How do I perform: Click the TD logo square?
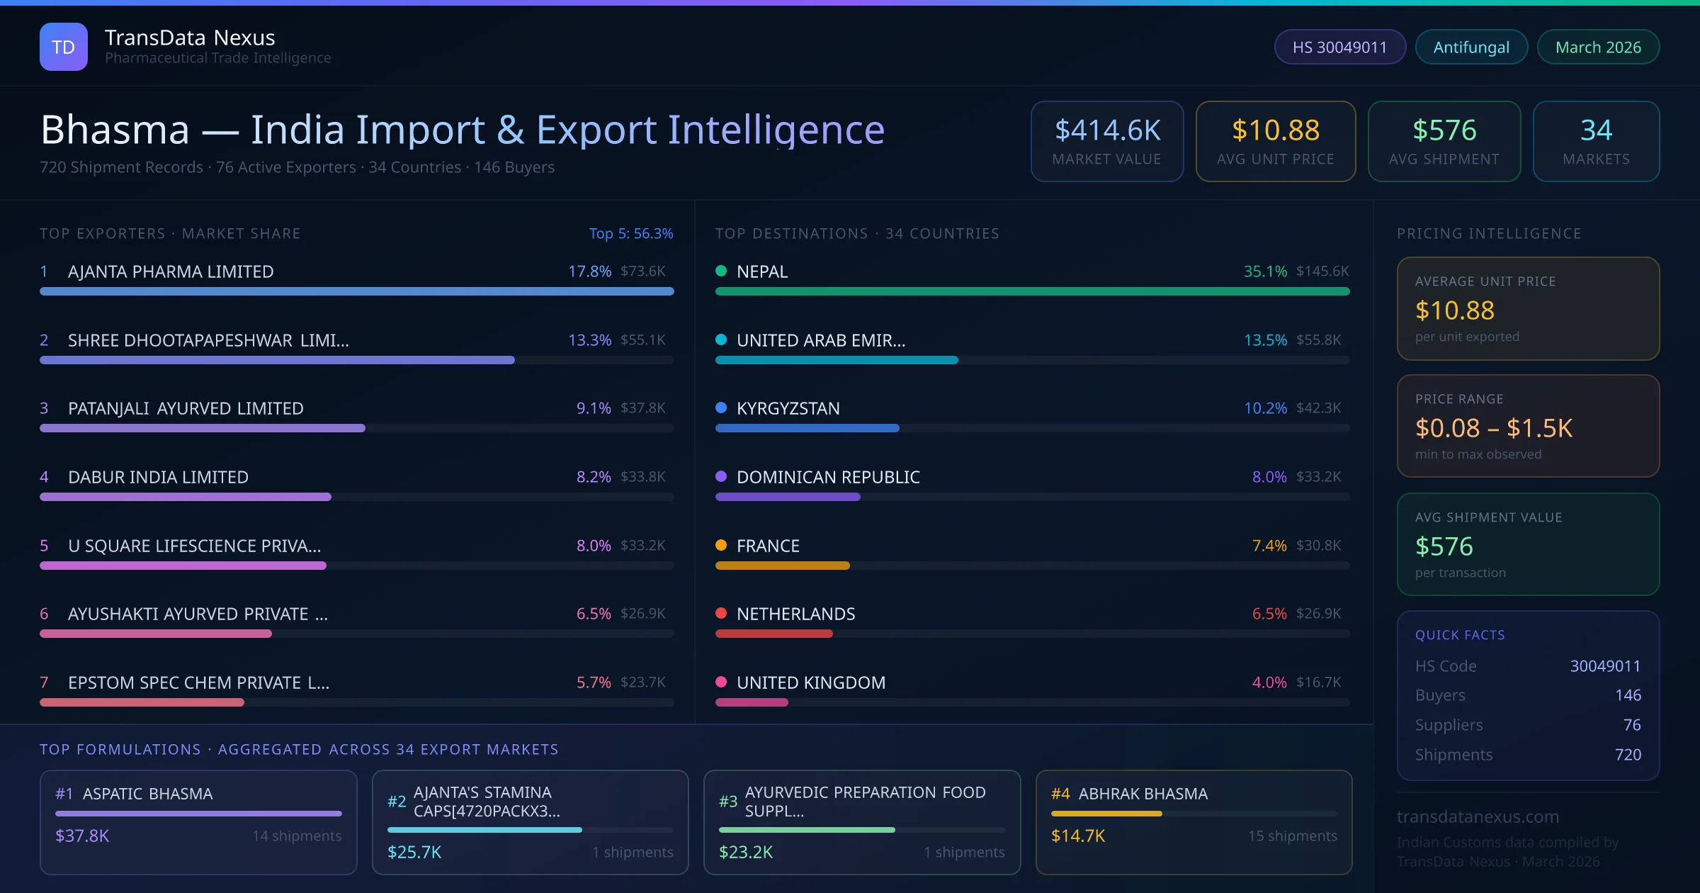click(x=64, y=47)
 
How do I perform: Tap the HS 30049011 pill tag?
click(x=1339, y=47)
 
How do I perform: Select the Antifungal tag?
click(x=1471, y=47)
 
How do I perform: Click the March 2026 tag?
click(x=1598, y=47)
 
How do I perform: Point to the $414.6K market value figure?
click(x=1107, y=130)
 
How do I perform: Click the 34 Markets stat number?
click(x=1596, y=130)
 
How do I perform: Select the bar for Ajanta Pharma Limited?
click(x=356, y=291)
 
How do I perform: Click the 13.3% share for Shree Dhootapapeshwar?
click(x=589, y=340)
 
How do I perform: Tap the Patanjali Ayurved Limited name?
click(x=186, y=408)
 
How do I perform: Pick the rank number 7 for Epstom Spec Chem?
click(x=44, y=683)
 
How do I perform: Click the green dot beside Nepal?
click(x=721, y=271)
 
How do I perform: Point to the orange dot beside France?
click(x=721, y=545)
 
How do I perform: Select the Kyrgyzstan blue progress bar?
click(x=807, y=428)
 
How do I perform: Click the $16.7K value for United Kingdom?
click(x=1318, y=683)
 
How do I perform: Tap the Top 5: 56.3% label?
click(x=630, y=233)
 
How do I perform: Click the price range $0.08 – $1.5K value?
click(x=1493, y=428)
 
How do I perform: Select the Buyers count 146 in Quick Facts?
click(x=1628, y=695)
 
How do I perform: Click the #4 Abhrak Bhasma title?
click(x=1129, y=794)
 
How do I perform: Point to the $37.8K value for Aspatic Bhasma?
click(x=82, y=836)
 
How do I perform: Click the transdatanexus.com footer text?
click(x=1478, y=816)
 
